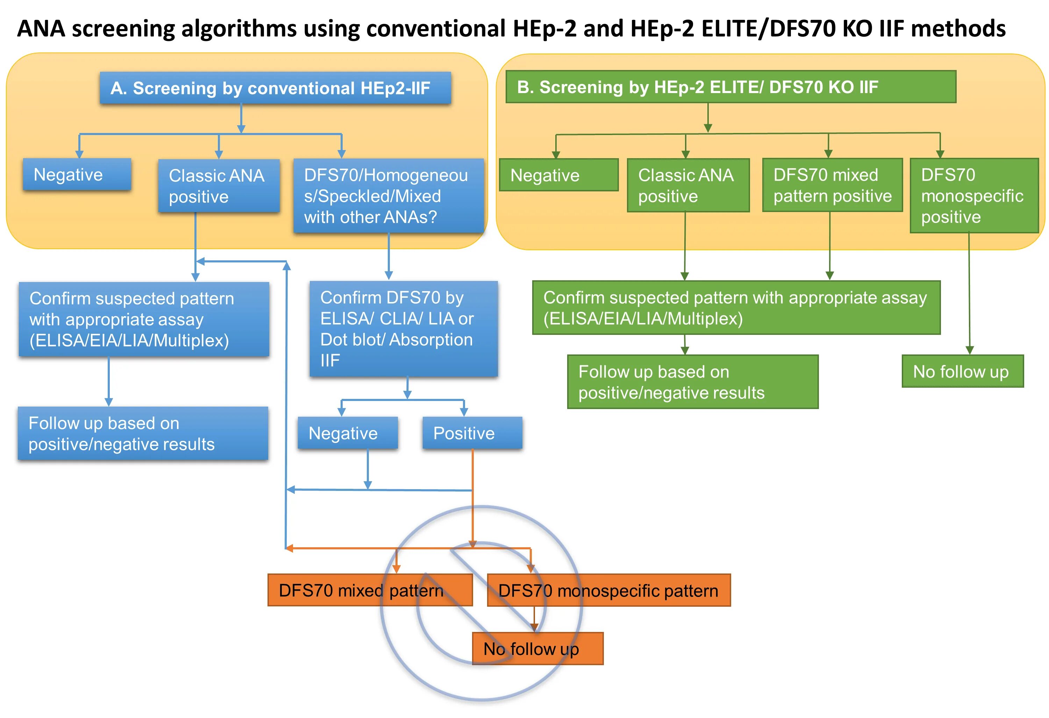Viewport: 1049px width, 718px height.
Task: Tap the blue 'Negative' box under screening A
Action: tap(77, 174)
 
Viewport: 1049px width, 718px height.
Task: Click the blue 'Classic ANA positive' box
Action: tap(219, 185)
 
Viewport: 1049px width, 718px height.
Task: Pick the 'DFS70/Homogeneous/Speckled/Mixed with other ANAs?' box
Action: tap(388, 196)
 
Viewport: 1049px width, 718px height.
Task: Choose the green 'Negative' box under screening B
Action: tap(558, 175)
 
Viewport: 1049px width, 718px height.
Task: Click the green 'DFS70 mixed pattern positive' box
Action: tap(832, 185)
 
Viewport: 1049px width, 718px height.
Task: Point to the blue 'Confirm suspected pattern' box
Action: tap(143, 319)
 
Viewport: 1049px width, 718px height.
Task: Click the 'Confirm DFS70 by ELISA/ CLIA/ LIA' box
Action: tap(403, 329)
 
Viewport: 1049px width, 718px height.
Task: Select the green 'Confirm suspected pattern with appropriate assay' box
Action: tap(736, 308)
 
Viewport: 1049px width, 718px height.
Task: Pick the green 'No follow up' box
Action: tap(962, 371)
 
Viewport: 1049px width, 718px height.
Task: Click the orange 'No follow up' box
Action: tap(537, 648)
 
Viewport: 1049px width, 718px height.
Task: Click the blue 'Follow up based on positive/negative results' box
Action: tap(143, 434)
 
